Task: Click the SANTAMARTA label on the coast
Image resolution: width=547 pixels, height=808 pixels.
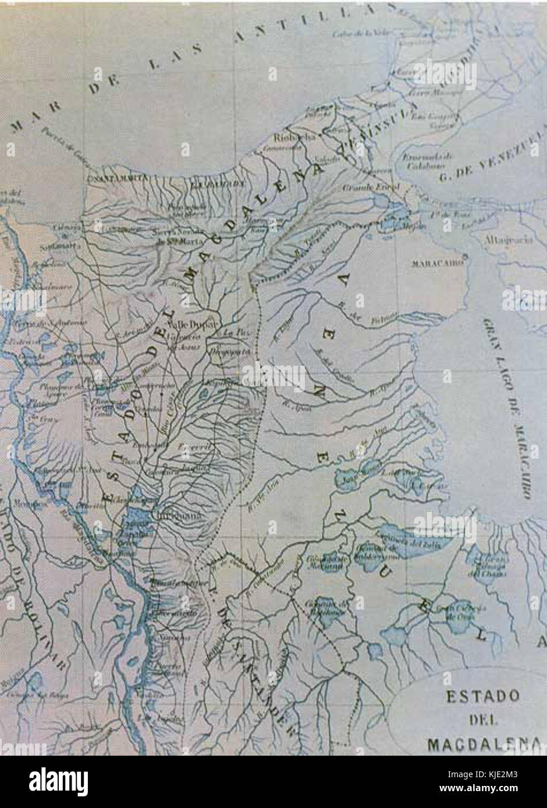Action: tap(111, 180)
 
